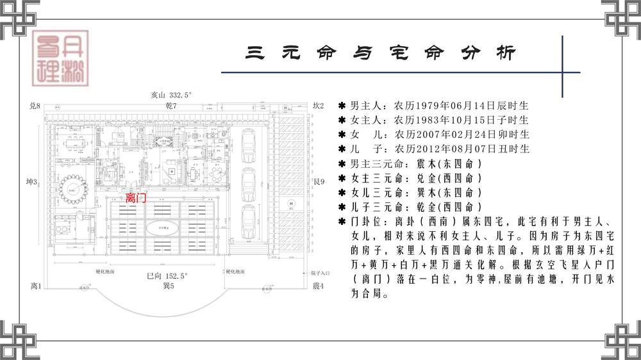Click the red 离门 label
[137, 199]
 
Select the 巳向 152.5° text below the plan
[167, 275]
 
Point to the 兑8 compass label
[35, 106]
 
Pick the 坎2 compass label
[319, 106]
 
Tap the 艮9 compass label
[319, 181]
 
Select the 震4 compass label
[318, 286]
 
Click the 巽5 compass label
[169, 286]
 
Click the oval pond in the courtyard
[159, 227]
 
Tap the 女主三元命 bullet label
[376, 178]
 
